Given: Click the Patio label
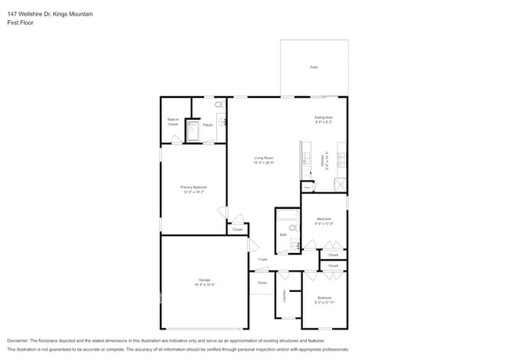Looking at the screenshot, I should pyautogui.click(x=314, y=67).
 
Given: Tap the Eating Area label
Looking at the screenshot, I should pyautogui.click(x=323, y=120).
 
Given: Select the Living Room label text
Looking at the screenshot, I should pyautogui.click(x=263, y=160).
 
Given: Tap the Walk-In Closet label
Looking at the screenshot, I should pyautogui.click(x=173, y=122).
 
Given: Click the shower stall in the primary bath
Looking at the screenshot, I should pyautogui.click(x=191, y=134).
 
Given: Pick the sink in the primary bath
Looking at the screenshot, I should pyautogui.click(x=223, y=121).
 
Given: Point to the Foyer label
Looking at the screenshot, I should pyautogui.click(x=263, y=259).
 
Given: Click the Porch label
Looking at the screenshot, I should pyautogui.click(x=262, y=283).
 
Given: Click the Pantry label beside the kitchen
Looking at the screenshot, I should pyautogui.click(x=307, y=188).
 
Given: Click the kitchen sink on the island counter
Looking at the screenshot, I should pyautogui.click(x=306, y=159).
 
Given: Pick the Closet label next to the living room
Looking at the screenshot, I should pyautogui.click(x=237, y=229).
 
